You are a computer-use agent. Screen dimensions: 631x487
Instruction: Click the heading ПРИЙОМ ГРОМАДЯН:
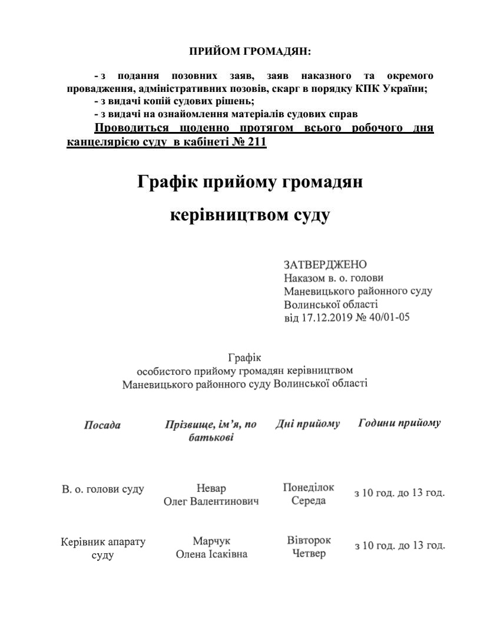(x=250, y=52)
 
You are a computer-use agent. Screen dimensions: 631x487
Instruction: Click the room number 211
(x=254, y=142)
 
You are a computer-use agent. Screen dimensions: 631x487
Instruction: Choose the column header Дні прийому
(x=308, y=424)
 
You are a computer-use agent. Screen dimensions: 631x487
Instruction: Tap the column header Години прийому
(x=400, y=424)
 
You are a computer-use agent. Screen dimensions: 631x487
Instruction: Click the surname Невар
(x=211, y=488)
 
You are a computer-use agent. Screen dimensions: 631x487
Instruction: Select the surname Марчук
(x=211, y=541)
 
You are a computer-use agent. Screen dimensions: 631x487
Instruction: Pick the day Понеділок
(x=309, y=488)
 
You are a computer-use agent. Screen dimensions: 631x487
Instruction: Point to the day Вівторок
(x=309, y=540)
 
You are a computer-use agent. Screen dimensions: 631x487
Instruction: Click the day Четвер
(x=309, y=554)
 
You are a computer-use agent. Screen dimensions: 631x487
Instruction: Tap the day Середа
(x=309, y=501)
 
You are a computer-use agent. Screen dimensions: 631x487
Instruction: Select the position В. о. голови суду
(x=103, y=490)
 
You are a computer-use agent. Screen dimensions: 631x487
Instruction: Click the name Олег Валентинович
(x=211, y=501)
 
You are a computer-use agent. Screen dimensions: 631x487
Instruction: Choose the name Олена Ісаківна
(x=211, y=554)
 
